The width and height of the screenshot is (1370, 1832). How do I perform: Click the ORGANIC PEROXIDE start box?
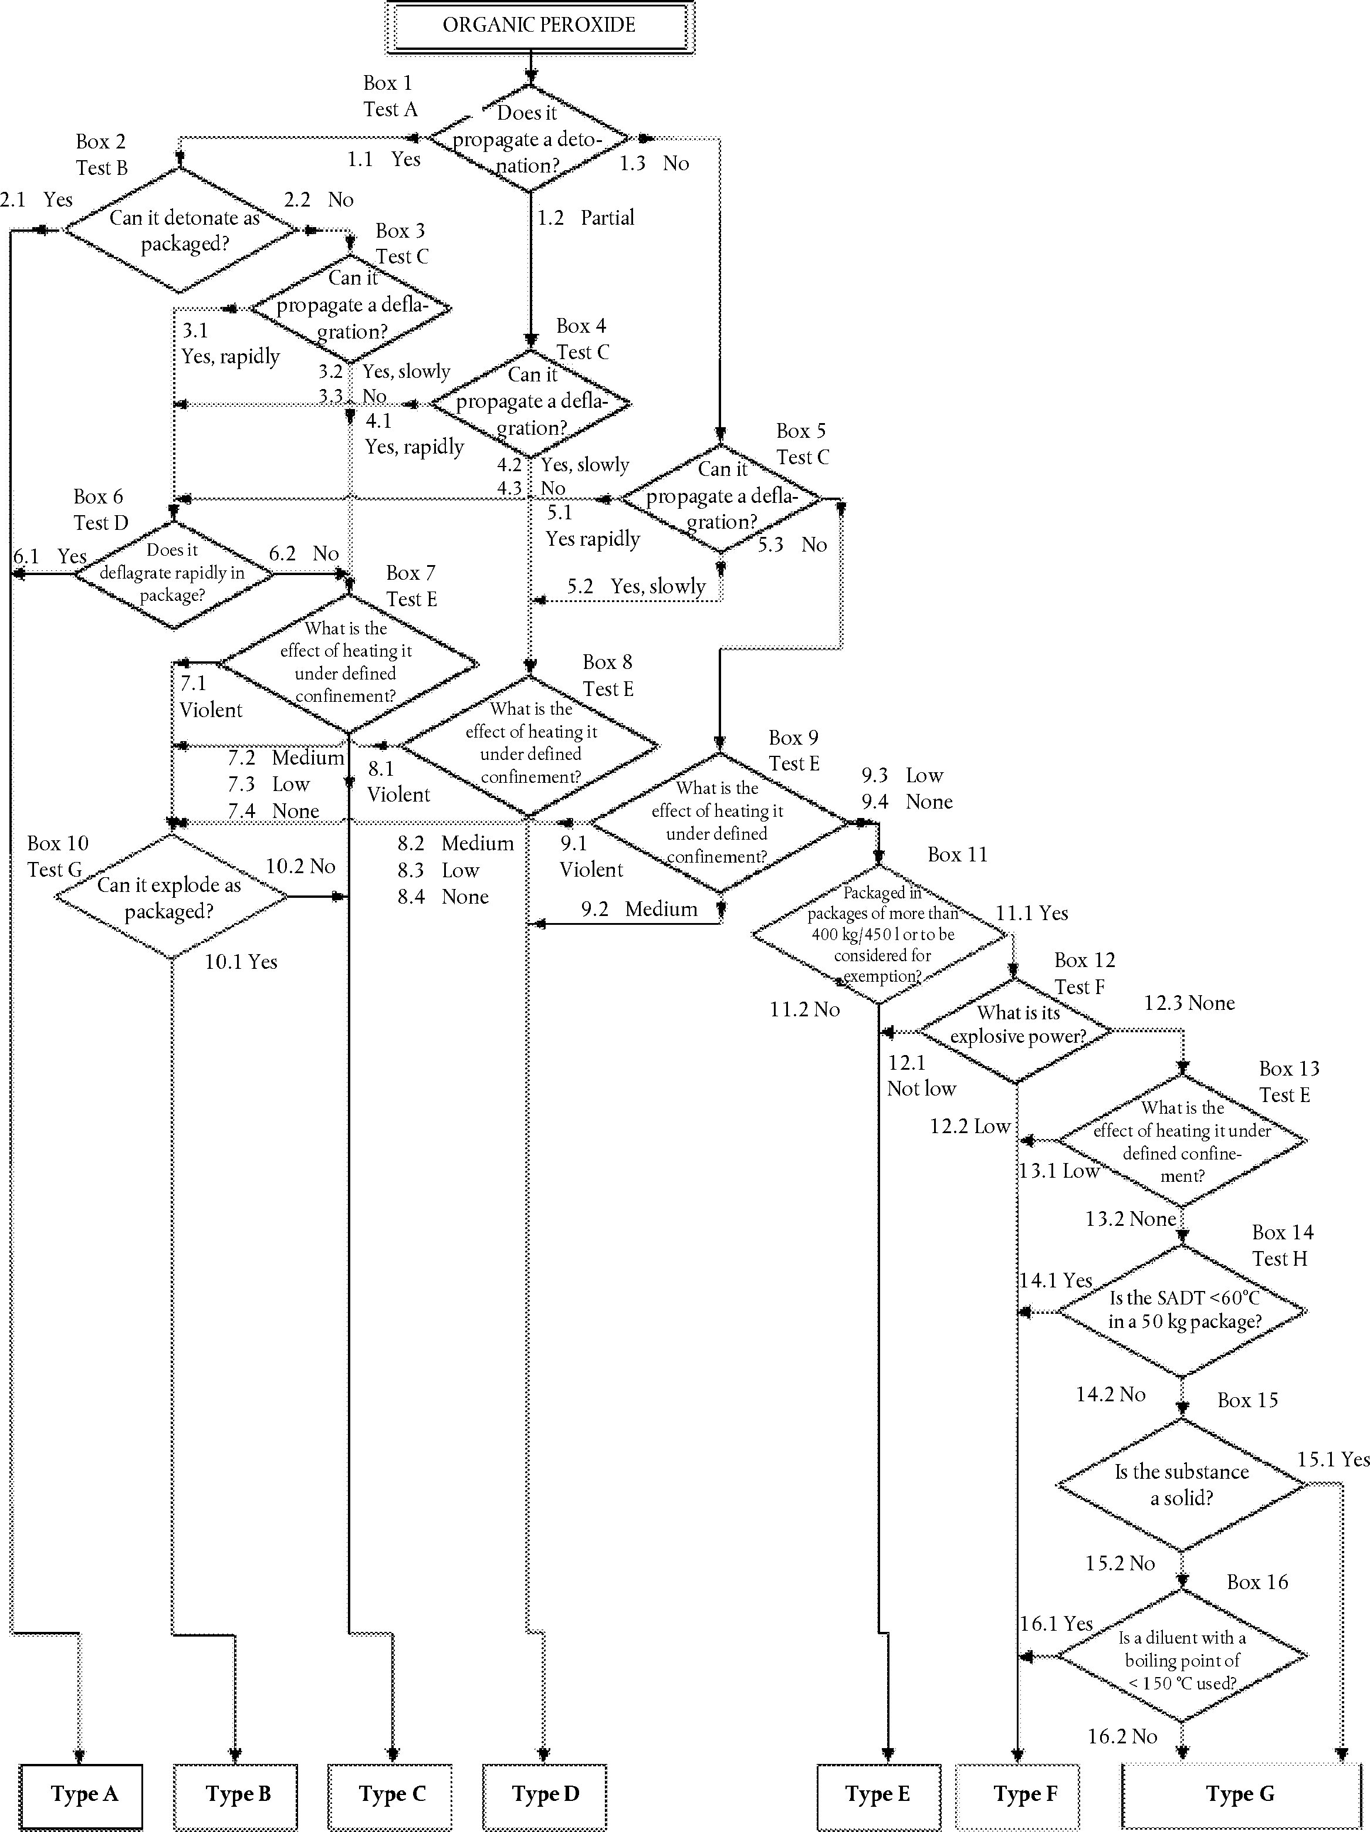(x=539, y=26)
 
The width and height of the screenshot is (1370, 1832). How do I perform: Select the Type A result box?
(x=82, y=1793)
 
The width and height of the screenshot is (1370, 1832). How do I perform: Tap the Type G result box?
(x=1240, y=1794)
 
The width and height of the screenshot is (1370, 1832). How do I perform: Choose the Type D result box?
(x=544, y=1793)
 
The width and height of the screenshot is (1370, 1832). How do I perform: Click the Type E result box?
(x=877, y=1793)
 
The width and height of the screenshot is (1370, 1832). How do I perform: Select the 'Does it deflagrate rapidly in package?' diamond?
(x=173, y=573)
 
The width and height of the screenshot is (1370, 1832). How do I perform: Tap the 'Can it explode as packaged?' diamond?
(x=171, y=897)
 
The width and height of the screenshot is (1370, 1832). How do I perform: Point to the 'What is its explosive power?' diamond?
(x=1016, y=1025)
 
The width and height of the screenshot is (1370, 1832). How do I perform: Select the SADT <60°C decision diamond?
(x=1183, y=1310)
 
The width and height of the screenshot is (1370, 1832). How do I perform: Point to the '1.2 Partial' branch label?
(x=586, y=218)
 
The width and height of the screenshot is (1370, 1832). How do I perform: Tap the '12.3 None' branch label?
(x=1189, y=1003)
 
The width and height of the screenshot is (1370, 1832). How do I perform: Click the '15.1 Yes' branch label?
(x=1332, y=1459)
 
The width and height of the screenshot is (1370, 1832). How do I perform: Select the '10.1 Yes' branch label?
(x=241, y=962)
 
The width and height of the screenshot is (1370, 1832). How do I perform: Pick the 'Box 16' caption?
(x=1257, y=1582)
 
